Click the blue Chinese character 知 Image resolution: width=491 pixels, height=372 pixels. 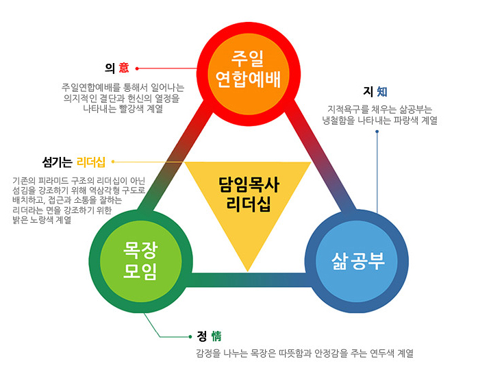pos(381,91)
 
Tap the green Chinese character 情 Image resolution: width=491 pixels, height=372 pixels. pos(215,336)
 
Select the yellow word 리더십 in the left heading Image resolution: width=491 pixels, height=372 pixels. pos(91,162)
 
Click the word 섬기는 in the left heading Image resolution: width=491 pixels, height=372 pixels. pos(58,162)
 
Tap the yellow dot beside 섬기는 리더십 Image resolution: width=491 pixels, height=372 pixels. pos(112,162)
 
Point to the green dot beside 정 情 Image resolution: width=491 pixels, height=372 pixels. pos(190,336)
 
